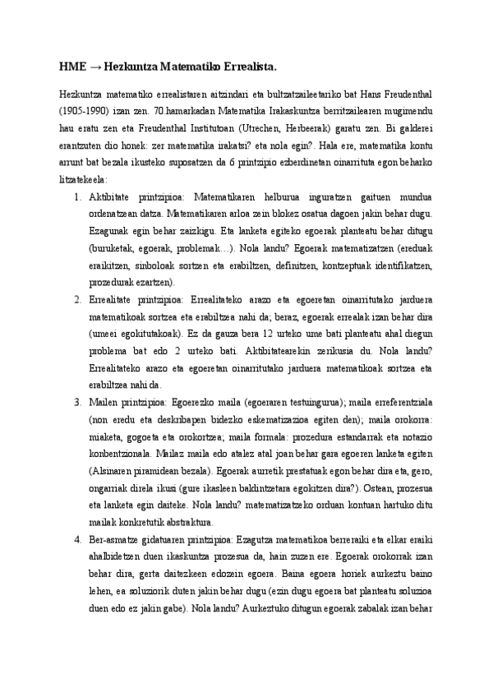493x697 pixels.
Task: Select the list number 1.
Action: (76, 200)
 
